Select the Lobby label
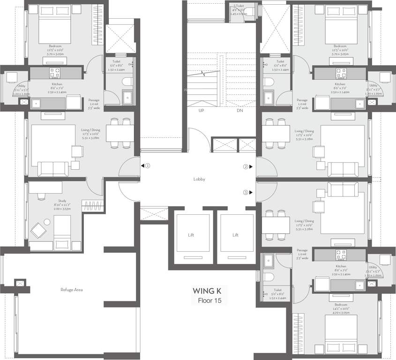pyautogui.click(x=199, y=179)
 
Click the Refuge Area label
pyautogui.click(x=72, y=290)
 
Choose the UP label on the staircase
pyautogui.click(x=202, y=110)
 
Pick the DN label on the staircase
pyautogui.click(x=239, y=110)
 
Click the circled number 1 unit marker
pyautogui.click(x=147, y=165)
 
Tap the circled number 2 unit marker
pyautogui.click(x=245, y=166)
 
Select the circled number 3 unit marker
pyautogui.click(x=245, y=192)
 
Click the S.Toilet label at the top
pyautogui.click(x=238, y=6)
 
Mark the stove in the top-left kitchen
pyautogui.click(x=55, y=72)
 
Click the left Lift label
pyautogui.click(x=191, y=235)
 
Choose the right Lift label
pyautogui.click(x=235, y=235)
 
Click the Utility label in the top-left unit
pyautogui.click(x=21, y=86)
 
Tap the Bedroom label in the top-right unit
pyautogui.click(x=340, y=46)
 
